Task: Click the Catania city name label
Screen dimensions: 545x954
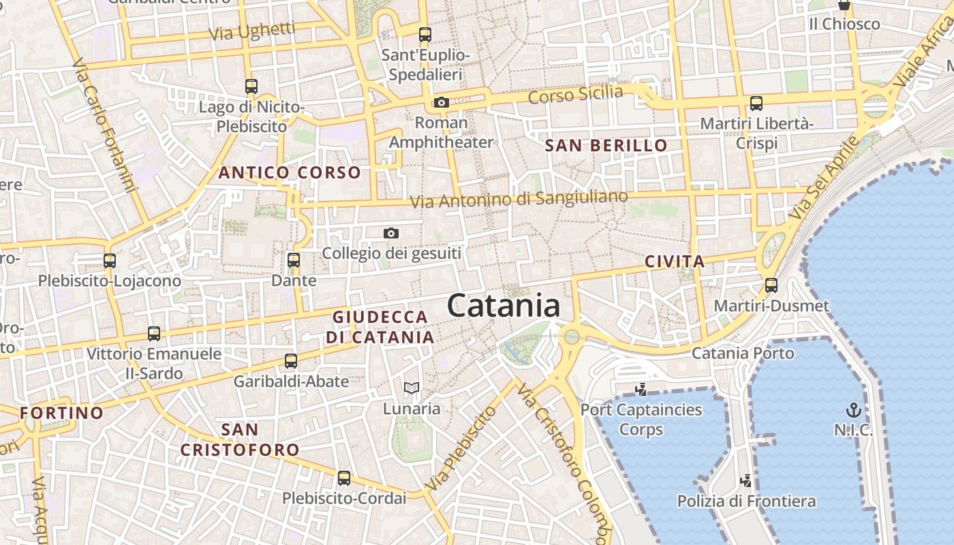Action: pyautogui.click(x=504, y=306)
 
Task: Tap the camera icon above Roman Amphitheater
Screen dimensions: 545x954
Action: pyautogui.click(x=442, y=103)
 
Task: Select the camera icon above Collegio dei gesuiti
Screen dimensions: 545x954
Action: pyautogui.click(x=390, y=233)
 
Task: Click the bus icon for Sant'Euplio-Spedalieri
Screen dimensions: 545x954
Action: pyautogui.click(x=425, y=34)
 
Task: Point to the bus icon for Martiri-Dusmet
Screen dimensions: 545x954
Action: pyautogui.click(x=771, y=285)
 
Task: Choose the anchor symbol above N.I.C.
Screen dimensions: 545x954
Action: pyautogui.click(x=853, y=410)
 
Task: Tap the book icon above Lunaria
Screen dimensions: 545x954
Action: pyautogui.click(x=411, y=388)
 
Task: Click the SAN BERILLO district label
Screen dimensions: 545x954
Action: pyautogui.click(x=606, y=145)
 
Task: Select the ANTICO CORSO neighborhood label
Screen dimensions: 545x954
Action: pyautogui.click(x=289, y=173)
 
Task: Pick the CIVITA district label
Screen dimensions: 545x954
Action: pyautogui.click(x=675, y=261)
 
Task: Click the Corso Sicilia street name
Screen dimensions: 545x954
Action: pyautogui.click(x=576, y=94)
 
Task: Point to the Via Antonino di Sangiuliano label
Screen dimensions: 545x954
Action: pyautogui.click(x=519, y=199)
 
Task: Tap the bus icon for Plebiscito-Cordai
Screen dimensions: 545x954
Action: pyautogui.click(x=344, y=478)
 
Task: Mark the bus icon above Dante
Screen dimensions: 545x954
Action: pyautogui.click(x=294, y=260)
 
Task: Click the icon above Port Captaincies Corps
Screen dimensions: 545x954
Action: pyautogui.click(x=641, y=390)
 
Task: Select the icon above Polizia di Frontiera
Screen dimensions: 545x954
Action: pyautogui.click(x=746, y=481)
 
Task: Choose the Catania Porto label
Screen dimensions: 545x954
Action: pyautogui.click(x=743, y=354)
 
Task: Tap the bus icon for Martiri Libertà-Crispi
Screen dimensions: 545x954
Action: pyautogui.click(x=756, y=104)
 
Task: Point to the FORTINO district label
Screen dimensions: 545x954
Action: pyautogui.click(x=61, y=413)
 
